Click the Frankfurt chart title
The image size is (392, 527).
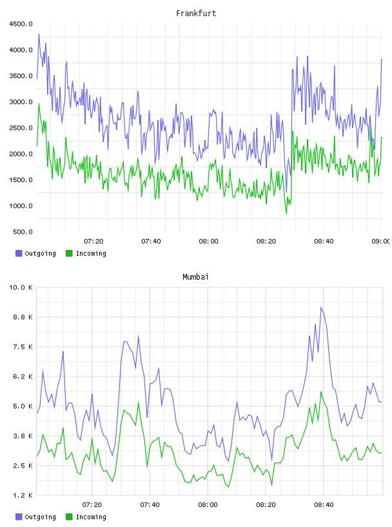tap(196, 14)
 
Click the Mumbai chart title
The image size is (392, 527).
tap(195, 277)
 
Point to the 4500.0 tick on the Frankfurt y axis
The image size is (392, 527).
tap(21, 24)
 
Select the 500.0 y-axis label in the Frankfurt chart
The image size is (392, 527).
tap(23, 232)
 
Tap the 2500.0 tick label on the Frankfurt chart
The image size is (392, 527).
tap(21, 128)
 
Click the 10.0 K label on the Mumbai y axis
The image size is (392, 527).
tap(21, 287)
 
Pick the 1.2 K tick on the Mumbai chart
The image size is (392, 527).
tap(23, 495)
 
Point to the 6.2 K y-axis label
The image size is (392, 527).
tap(23, 377)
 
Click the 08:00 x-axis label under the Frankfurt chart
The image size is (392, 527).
tap(208, 242)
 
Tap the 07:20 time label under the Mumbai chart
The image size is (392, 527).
tap(92, 505)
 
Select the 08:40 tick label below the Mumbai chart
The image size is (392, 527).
tap(324, 505)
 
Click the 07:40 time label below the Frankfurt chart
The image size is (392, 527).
tap(151, 242)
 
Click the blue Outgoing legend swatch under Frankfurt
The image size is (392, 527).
tap(19, 253)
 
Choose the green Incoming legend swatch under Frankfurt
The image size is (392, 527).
tap(69, 253)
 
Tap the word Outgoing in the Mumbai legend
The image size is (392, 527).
tap(40, 517)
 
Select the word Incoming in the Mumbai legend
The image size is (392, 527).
tap(91, 517)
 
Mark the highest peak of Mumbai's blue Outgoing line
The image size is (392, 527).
tap(321, 307)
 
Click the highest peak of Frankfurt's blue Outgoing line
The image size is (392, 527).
tap(39, 34)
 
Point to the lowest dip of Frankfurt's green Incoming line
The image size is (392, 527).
tap(286, 213)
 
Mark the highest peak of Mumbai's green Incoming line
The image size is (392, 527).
tap(321, 391)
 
